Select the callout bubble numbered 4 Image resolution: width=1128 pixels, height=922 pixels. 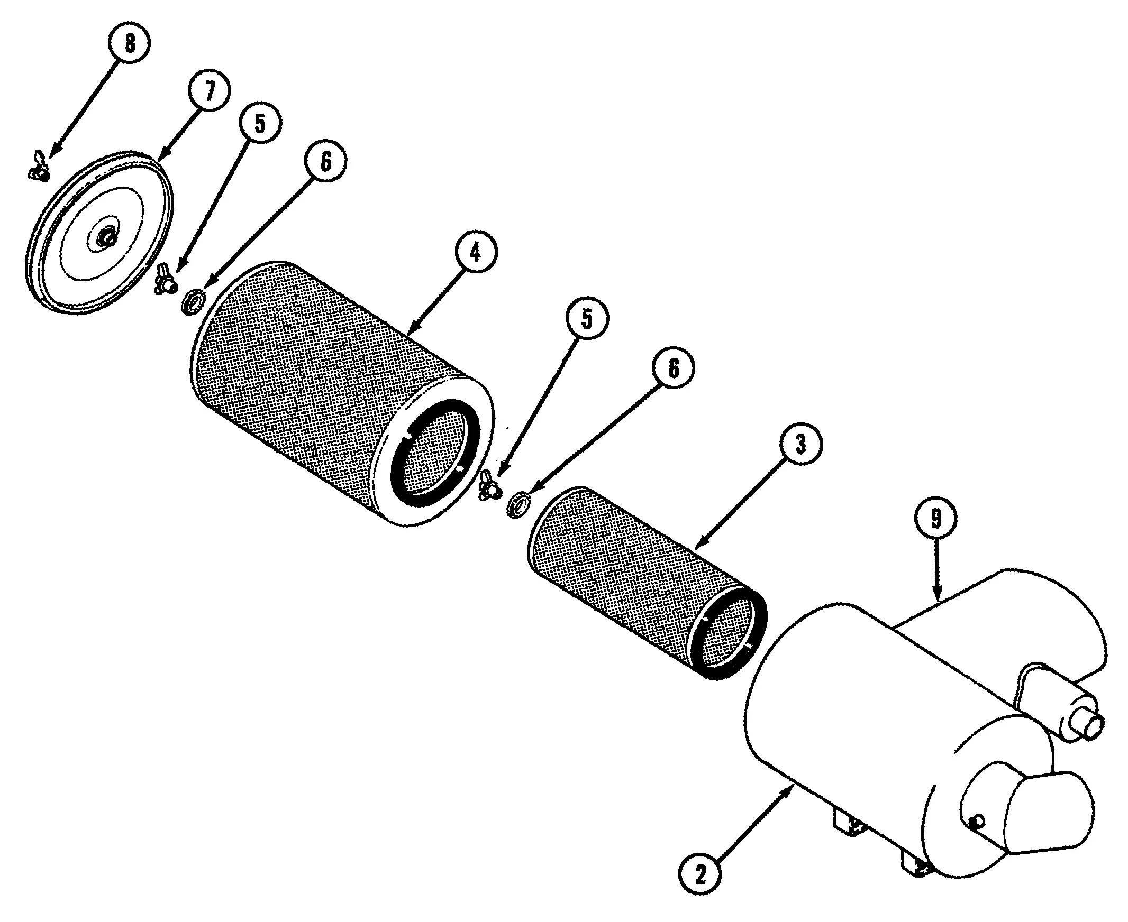point(476,251)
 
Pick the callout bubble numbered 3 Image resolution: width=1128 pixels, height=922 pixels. point(800,444)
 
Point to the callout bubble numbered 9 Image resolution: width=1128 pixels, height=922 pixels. point(936,518)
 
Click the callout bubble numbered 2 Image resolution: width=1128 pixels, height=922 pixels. point(701,873)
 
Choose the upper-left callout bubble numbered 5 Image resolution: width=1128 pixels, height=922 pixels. point(260,123)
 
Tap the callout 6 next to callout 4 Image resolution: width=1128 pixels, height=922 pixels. point(325,160)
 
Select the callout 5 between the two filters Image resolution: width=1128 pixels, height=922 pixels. point(587,318)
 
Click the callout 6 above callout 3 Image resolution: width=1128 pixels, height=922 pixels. point(674,368)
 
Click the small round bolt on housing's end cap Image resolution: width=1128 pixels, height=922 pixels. point(977,823)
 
